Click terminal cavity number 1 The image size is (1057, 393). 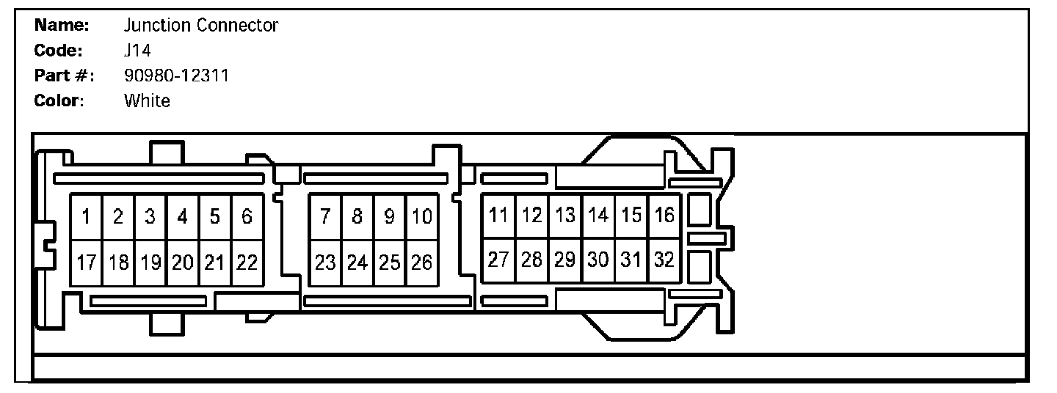pos(86,217)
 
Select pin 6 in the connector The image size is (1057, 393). pos(247,217)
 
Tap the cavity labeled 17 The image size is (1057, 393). pos(86,262)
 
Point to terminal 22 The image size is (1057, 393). pos(247,262)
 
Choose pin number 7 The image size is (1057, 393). pos(325,217)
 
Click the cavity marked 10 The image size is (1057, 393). pos(422,217)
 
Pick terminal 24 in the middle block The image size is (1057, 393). pos(357,262)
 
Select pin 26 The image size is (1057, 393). pos(422,262)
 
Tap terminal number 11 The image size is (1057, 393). pos(498,216)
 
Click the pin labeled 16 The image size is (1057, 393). pos(664,216)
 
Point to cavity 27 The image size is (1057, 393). pos(498,260)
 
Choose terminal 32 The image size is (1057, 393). pos(664,260)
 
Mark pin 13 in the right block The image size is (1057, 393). pos(564,216)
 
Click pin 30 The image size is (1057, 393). pos(598,260)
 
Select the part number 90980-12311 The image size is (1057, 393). pos(176,76)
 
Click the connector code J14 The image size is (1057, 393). pos(138,51)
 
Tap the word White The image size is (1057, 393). pos(147,101)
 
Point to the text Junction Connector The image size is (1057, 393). pos(201,26)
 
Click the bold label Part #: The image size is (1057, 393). pos(65,76)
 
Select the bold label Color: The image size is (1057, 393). pos(59,101)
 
